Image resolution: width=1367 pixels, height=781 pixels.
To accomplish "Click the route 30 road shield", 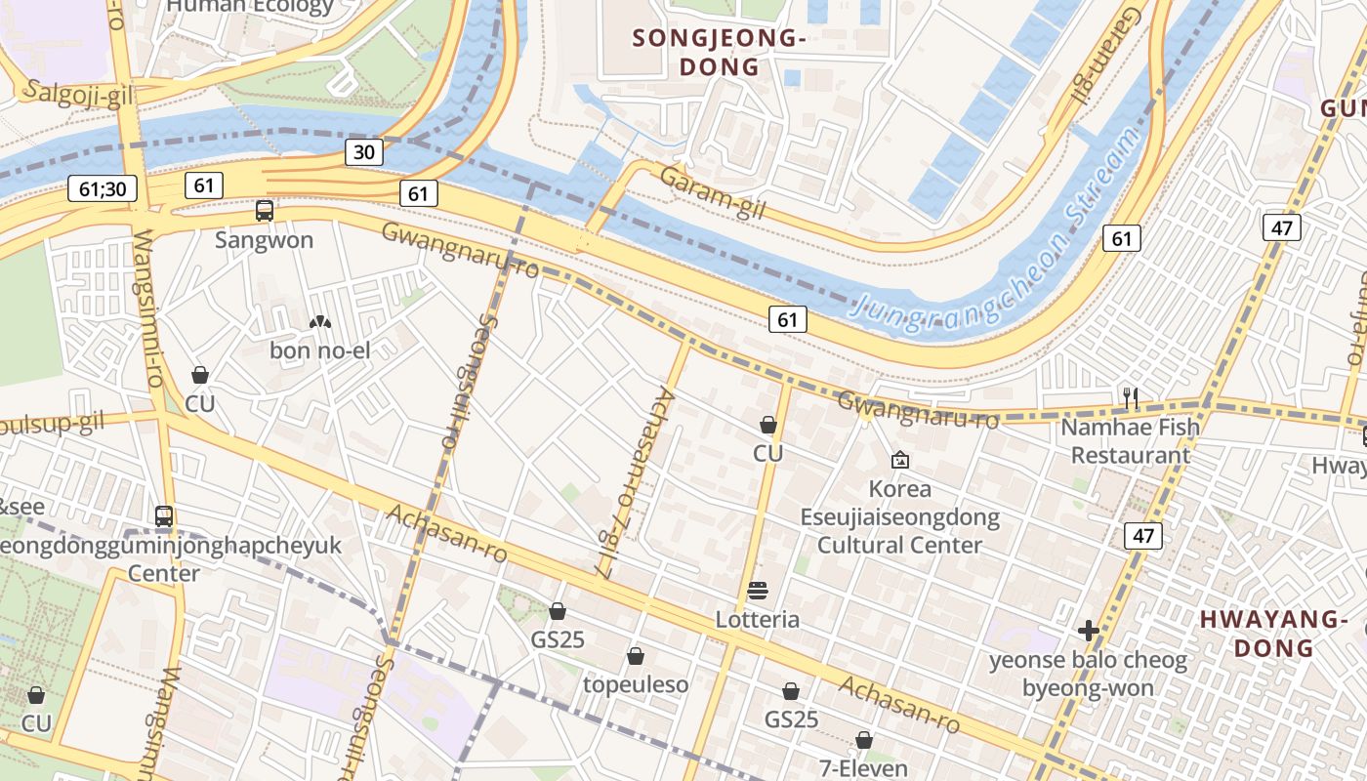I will tap(363, 152).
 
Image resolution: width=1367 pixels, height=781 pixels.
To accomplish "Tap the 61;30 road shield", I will tap(103, 189).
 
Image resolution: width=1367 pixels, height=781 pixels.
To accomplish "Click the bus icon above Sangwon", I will tap(264, 210).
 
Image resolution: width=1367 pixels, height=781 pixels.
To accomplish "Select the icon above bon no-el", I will tap(319, 321).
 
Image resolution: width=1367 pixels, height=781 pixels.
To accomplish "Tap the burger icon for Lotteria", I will tap(758, 591).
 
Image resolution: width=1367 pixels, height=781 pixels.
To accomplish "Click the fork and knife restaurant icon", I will tap(1131, 397).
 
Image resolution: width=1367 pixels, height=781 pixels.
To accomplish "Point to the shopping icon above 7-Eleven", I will tap(864, 740).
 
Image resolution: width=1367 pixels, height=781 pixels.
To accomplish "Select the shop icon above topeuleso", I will tap(636, 656).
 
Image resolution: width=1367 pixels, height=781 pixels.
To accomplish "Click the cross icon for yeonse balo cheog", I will tap(1089, 632).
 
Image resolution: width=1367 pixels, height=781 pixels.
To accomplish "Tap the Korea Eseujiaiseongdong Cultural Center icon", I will tap(899, 459).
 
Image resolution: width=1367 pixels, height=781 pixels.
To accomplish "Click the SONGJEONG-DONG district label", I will tap(721, 53).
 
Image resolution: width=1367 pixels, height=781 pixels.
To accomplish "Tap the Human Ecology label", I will tap(250, 7).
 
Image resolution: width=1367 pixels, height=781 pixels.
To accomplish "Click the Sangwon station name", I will tap(264, 240).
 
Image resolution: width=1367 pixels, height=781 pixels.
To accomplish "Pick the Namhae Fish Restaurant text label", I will tap(1131, 441).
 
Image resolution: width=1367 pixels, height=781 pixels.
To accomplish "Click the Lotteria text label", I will tap(758, 620).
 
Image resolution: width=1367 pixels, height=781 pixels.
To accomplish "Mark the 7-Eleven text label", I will tap(864, 768).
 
